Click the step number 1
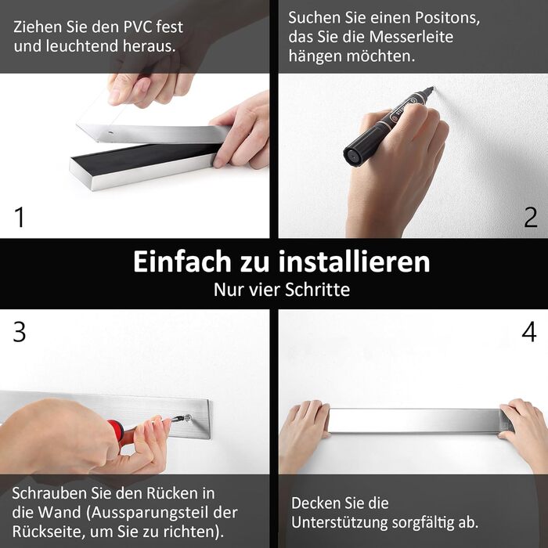[20, 217]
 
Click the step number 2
[531, 217]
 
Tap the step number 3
[20, 332]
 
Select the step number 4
[529, 332]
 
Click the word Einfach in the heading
[182, 261]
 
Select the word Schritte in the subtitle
[317, 290]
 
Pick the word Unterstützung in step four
[339, 523]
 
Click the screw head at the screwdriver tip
[188, 417]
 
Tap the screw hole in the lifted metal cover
[110, 133]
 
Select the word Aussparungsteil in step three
[150, 513]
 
